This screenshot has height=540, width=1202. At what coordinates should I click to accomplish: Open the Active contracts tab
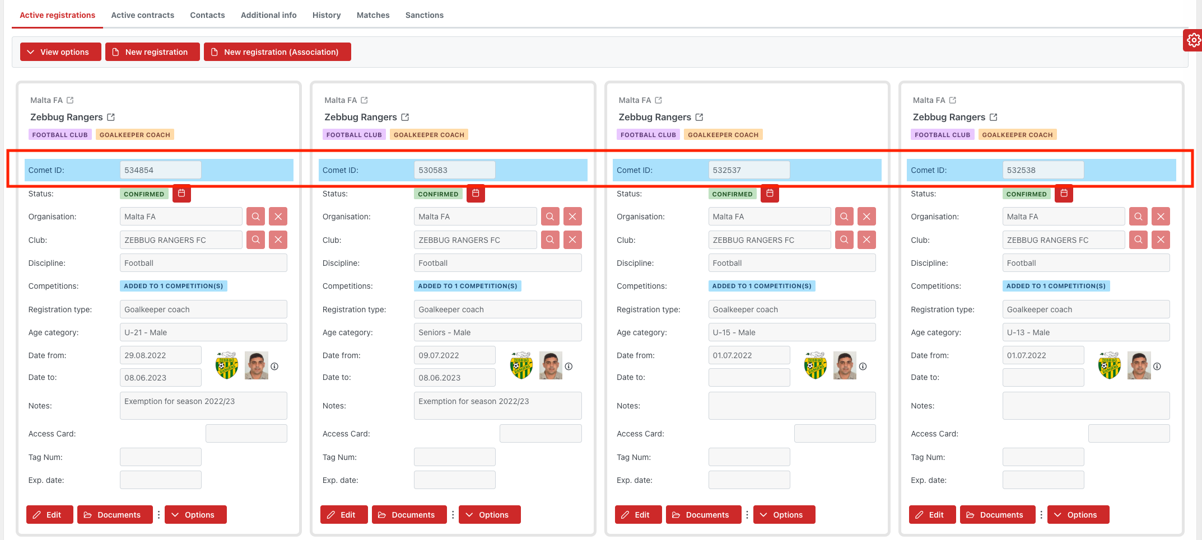(x=142, y=15)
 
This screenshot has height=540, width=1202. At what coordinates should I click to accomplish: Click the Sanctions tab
(x=424, y=15)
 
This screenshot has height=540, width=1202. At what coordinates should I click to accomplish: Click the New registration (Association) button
(x=277, y=52)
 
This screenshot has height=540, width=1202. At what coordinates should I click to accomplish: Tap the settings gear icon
(x=1194, y=40)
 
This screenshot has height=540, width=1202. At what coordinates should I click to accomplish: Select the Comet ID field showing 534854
(x=160, y=170)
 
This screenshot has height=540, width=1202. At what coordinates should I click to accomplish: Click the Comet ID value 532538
(x=1042, y=170)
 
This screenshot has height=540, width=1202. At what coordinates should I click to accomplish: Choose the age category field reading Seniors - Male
(x=497, y=332)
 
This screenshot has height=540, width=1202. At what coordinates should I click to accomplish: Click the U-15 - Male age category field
(x=791, y=332)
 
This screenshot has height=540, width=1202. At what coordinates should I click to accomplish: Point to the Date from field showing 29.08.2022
(x=160, y=355)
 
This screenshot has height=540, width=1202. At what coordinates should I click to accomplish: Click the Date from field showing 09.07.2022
(x=454, y=355)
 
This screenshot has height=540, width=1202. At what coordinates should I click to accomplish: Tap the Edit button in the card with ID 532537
(x=638, y=515)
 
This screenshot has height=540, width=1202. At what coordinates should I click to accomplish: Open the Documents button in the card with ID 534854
(x=115, y=515)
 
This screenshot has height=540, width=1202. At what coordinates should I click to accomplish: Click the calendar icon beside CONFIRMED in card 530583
(x=476, y=193)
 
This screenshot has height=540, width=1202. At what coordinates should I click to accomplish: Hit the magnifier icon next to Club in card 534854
(x=256, y=240)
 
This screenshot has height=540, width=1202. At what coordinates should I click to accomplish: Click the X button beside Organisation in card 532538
(x=1161, y=217)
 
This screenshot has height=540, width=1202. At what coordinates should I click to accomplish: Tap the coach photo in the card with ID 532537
(x=845, y=366)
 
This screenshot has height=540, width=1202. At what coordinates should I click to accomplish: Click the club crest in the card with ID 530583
(x=521, y=366)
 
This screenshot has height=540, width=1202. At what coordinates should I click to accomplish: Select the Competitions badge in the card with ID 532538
(x=1056, y=286)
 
